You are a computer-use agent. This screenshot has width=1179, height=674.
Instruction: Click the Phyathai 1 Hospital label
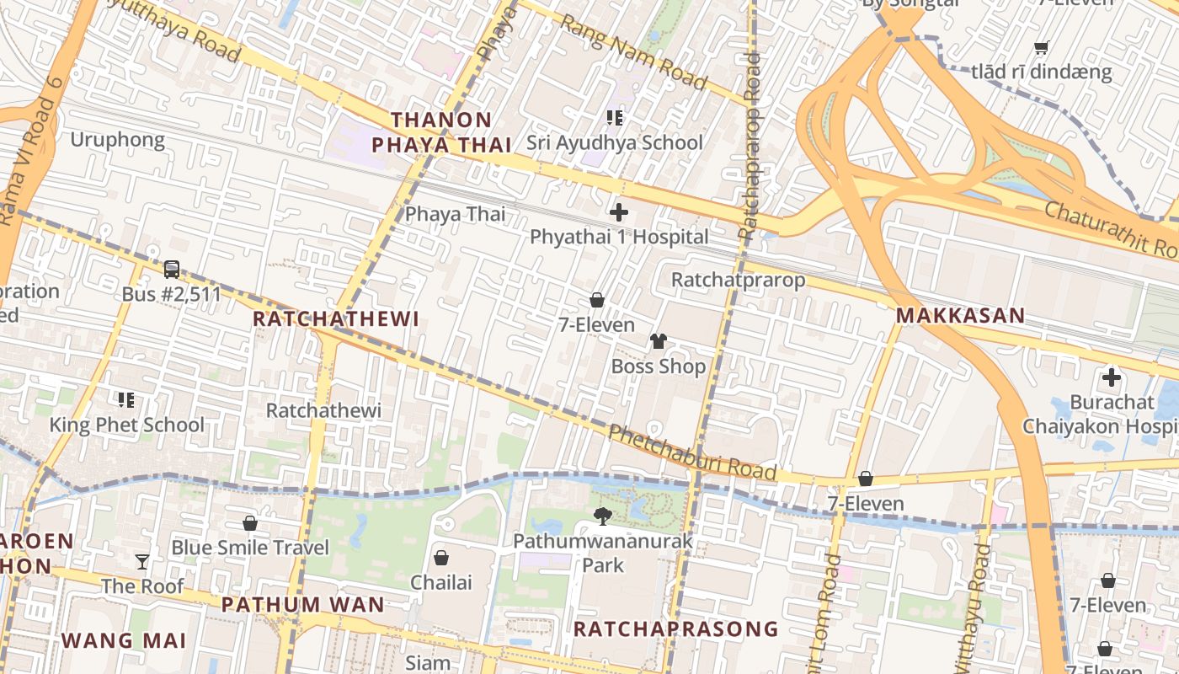(618, 237)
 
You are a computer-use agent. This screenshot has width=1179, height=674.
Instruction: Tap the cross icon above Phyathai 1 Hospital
(619, 212)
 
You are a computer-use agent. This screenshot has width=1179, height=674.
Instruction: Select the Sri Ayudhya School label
(614, 142)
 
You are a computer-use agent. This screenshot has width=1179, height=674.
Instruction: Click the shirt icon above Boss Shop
(658, 341)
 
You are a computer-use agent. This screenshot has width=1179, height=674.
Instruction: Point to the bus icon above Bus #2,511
(172, 270)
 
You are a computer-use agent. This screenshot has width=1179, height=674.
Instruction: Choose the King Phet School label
(126, 425)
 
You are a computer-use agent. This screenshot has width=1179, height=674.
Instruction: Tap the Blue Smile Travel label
(249, 548)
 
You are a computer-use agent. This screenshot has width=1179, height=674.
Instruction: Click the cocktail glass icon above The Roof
(142, 561)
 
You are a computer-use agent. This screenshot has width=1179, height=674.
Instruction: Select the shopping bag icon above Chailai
(440, 558)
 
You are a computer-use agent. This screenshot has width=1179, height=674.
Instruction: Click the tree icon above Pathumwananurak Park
(602, 516)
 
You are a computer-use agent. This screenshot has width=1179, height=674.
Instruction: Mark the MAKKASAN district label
(960, 316)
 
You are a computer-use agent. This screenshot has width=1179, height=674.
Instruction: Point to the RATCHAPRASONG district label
(675, 629)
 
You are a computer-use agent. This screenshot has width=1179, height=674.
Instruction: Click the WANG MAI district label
(124, 640)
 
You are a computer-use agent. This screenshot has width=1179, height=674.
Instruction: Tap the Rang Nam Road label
(632, 52)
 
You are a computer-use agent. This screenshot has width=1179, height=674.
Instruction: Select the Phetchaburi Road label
(691, 453)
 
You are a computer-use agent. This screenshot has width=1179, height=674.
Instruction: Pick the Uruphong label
(117, 140)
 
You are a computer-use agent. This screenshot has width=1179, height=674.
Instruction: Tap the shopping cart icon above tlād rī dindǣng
(1041, 48)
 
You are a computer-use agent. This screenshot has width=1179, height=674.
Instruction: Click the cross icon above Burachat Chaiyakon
(1111, 377)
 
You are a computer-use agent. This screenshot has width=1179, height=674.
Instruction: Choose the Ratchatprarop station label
(738, 280)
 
